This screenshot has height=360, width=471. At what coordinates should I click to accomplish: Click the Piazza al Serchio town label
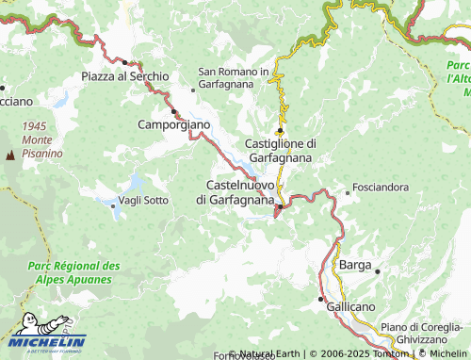tap(124, 75)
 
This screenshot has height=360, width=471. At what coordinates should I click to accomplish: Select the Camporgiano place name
tap(174, 124)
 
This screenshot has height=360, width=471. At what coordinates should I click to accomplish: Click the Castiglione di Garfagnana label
tap(281, 150)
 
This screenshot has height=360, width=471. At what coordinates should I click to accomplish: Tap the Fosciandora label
tap(381, 188)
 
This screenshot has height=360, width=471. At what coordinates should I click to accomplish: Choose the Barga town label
tap(354, 266)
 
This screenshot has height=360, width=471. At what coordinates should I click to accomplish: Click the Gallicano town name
tap(349, 308)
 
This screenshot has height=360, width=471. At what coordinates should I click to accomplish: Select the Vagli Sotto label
tap(143, 200)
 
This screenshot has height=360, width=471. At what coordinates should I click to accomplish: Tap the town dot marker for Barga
tap(377, 271)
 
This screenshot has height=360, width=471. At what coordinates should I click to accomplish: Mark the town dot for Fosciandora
tap(348, 192)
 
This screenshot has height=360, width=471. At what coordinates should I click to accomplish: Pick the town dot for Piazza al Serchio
tap(123, 62)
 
